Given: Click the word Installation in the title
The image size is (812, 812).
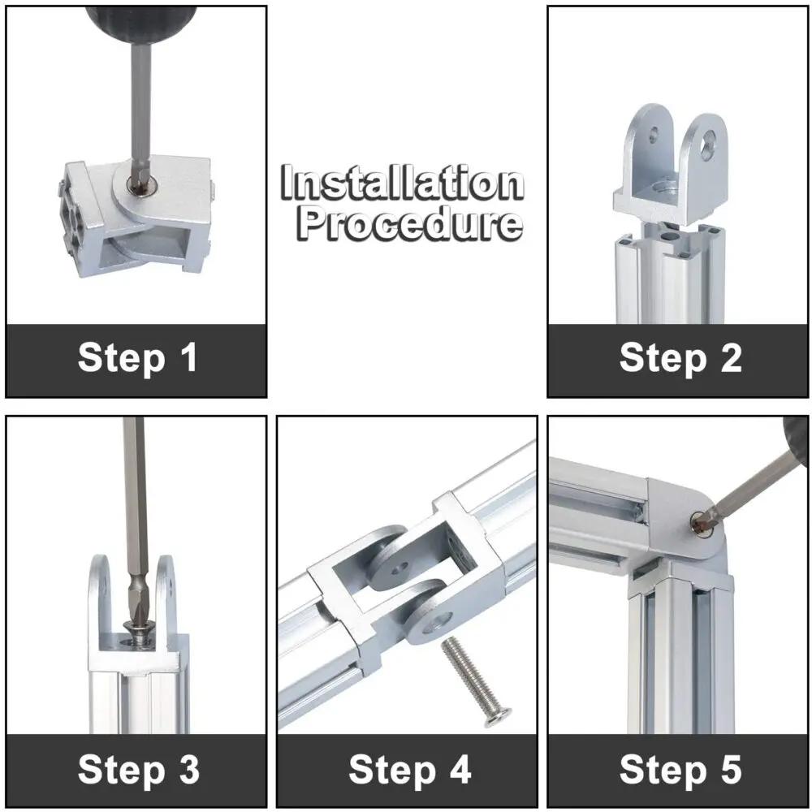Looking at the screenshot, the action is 403,183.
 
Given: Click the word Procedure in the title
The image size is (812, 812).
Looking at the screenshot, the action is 409,223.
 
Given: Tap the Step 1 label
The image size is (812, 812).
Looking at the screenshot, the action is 137,357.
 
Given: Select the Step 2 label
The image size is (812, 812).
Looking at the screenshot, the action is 680,358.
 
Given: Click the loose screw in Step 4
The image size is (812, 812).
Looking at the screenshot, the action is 475,681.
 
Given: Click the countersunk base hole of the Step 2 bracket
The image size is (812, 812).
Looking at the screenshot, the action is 666,186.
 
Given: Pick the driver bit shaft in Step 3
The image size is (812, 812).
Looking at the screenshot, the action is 135,523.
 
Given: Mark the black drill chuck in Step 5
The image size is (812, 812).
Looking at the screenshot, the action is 796,439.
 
